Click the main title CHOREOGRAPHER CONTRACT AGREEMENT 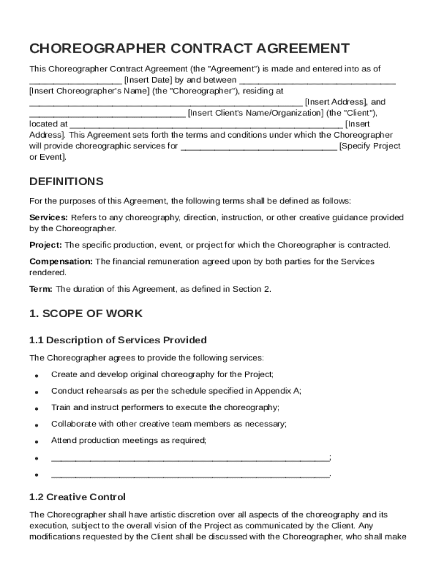point(189,48)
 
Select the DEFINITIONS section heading point(66,182)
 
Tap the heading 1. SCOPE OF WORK point(86,314)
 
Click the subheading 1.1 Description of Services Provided point(118,340)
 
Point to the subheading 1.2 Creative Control point(77,497)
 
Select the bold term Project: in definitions point(46,245)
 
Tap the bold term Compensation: point(61,262)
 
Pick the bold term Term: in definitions point(41,289)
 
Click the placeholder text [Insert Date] point(148,80)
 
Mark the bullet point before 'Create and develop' point(36,376)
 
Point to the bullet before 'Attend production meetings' point(36,441)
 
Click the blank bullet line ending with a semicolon point(190,458)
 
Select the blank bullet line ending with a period point(190,475)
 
